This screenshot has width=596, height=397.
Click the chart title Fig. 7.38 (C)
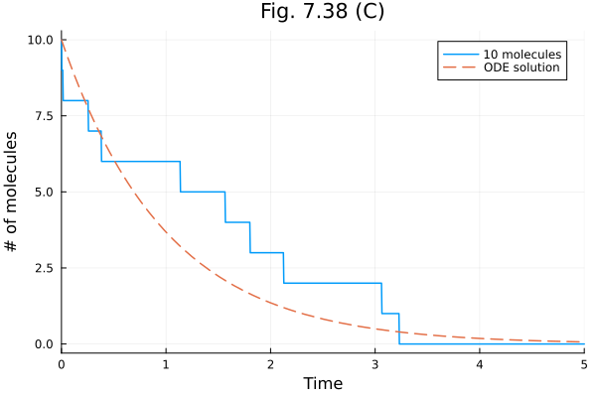322,12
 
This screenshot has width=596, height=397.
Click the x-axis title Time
323,383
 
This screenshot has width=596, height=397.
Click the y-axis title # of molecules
13,191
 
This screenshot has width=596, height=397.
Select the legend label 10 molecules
522,54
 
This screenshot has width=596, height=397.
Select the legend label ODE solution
521,68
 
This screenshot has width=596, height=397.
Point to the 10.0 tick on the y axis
39,40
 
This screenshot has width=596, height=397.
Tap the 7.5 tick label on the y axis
43,116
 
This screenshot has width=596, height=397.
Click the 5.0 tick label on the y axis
43,192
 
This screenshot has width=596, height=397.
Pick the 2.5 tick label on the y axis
43,268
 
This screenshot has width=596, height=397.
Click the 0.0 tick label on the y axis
43,344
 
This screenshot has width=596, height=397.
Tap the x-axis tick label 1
166,363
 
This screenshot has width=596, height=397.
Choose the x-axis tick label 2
270,363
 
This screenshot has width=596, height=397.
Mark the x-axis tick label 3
374,363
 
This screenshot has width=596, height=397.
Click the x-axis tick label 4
480,363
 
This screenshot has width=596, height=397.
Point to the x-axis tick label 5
583,363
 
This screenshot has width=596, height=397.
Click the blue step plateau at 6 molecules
140,162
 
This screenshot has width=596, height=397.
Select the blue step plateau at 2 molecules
332,283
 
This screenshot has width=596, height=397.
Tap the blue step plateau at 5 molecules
203,192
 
